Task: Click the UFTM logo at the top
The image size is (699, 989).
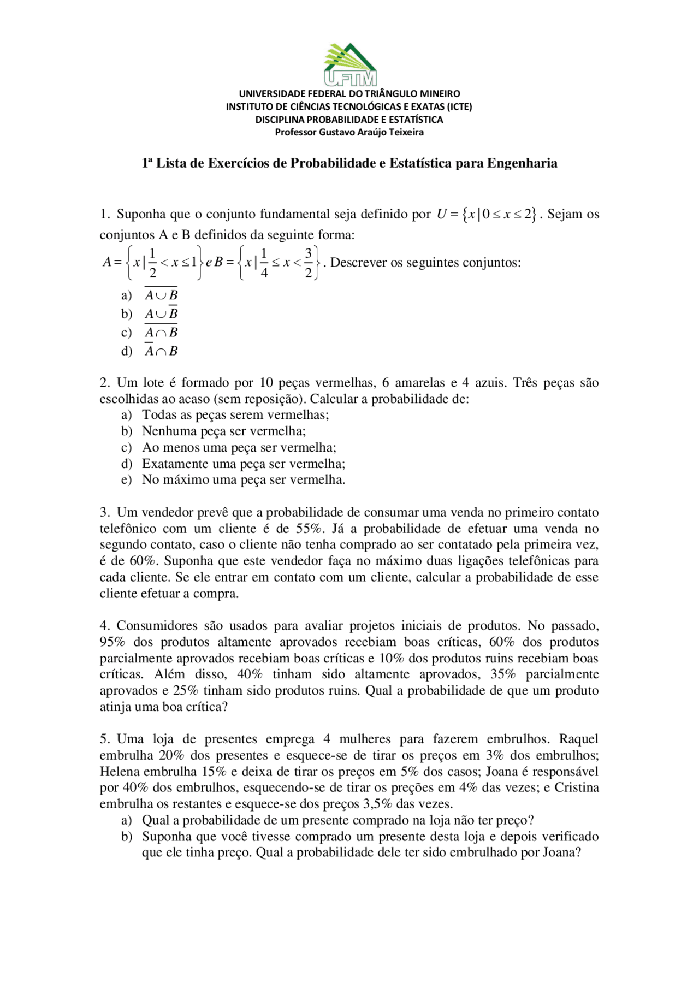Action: point(350,65)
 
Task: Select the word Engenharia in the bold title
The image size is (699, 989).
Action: point(522,163)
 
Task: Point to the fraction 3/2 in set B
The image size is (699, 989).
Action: point(309,263)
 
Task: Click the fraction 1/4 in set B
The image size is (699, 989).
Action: point(264,263)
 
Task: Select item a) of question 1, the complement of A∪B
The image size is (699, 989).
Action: point(161,295)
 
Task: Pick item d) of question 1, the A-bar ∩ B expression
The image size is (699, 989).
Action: point(161,351)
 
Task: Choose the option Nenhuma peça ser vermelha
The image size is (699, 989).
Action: point(224,431)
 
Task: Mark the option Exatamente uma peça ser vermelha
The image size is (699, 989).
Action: point(244,464)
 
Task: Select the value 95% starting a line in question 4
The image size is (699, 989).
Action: point(112,642)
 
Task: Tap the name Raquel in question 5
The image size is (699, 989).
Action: point(579,739)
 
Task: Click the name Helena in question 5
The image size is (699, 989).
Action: point(120,772)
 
